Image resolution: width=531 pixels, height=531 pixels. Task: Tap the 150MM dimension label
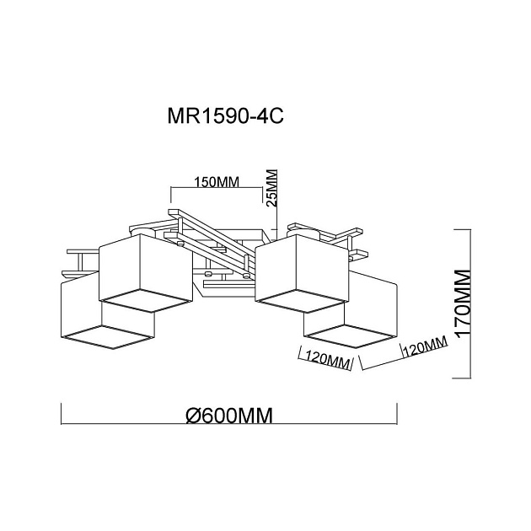(217, 181)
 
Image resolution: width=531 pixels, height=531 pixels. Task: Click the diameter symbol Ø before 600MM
(192, 415)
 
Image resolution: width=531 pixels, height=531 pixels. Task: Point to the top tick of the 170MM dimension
(462, 228)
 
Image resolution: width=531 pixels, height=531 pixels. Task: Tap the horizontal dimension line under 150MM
(217, 190)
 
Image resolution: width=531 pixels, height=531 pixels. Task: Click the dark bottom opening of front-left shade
(108, 336)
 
